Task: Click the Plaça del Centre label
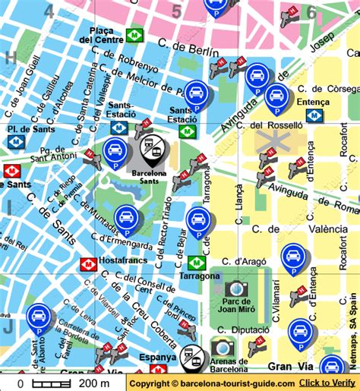tap(102, 35)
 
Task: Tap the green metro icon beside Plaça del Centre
tap(135, 35)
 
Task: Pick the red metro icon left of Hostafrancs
tap(88, 263)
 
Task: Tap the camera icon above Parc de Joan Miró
tap(236, 288)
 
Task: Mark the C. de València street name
tap(287, 228)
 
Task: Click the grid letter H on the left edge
tap(10, 57)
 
